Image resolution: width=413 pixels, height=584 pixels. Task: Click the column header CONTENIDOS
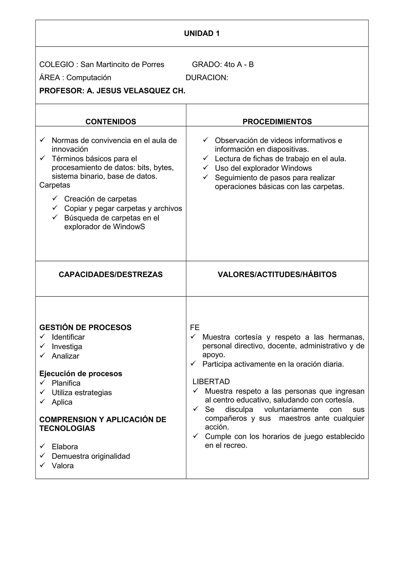pos(111,122)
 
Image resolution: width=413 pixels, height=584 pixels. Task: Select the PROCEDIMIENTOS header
pos(277,122)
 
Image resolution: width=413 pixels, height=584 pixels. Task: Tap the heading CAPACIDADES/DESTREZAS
pos(111,274)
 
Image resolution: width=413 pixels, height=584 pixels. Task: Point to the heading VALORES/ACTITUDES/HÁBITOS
pos(277,274)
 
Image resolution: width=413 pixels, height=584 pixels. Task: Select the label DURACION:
pos(207,78)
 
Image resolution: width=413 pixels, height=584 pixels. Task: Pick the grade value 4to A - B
pos(239,65)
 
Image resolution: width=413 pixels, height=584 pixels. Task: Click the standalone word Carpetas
pos(54,185)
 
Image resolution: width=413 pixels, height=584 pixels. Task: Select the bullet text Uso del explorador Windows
pos(263,168)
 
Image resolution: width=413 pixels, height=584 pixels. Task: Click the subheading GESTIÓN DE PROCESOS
pos(85,327)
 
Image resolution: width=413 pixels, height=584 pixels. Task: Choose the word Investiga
pos(67,346)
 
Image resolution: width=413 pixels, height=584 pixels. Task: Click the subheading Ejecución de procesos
pos(81,373)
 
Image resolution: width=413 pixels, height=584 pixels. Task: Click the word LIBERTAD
pos(211,381)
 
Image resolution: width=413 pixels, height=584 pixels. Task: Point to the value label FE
pos(195,327)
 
